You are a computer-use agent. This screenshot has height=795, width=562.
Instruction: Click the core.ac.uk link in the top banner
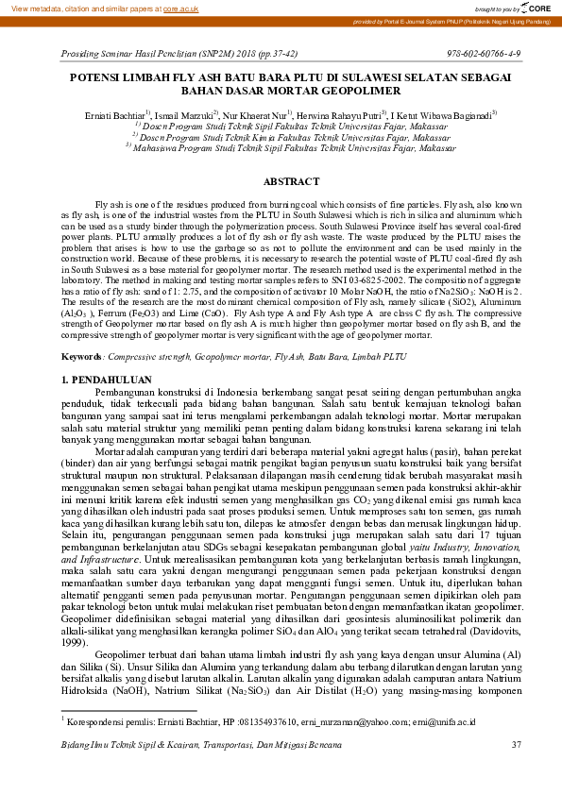[180, 7]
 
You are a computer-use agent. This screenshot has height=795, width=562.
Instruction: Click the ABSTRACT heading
[281, 180]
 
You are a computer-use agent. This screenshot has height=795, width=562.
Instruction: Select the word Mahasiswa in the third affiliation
[159, 147]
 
